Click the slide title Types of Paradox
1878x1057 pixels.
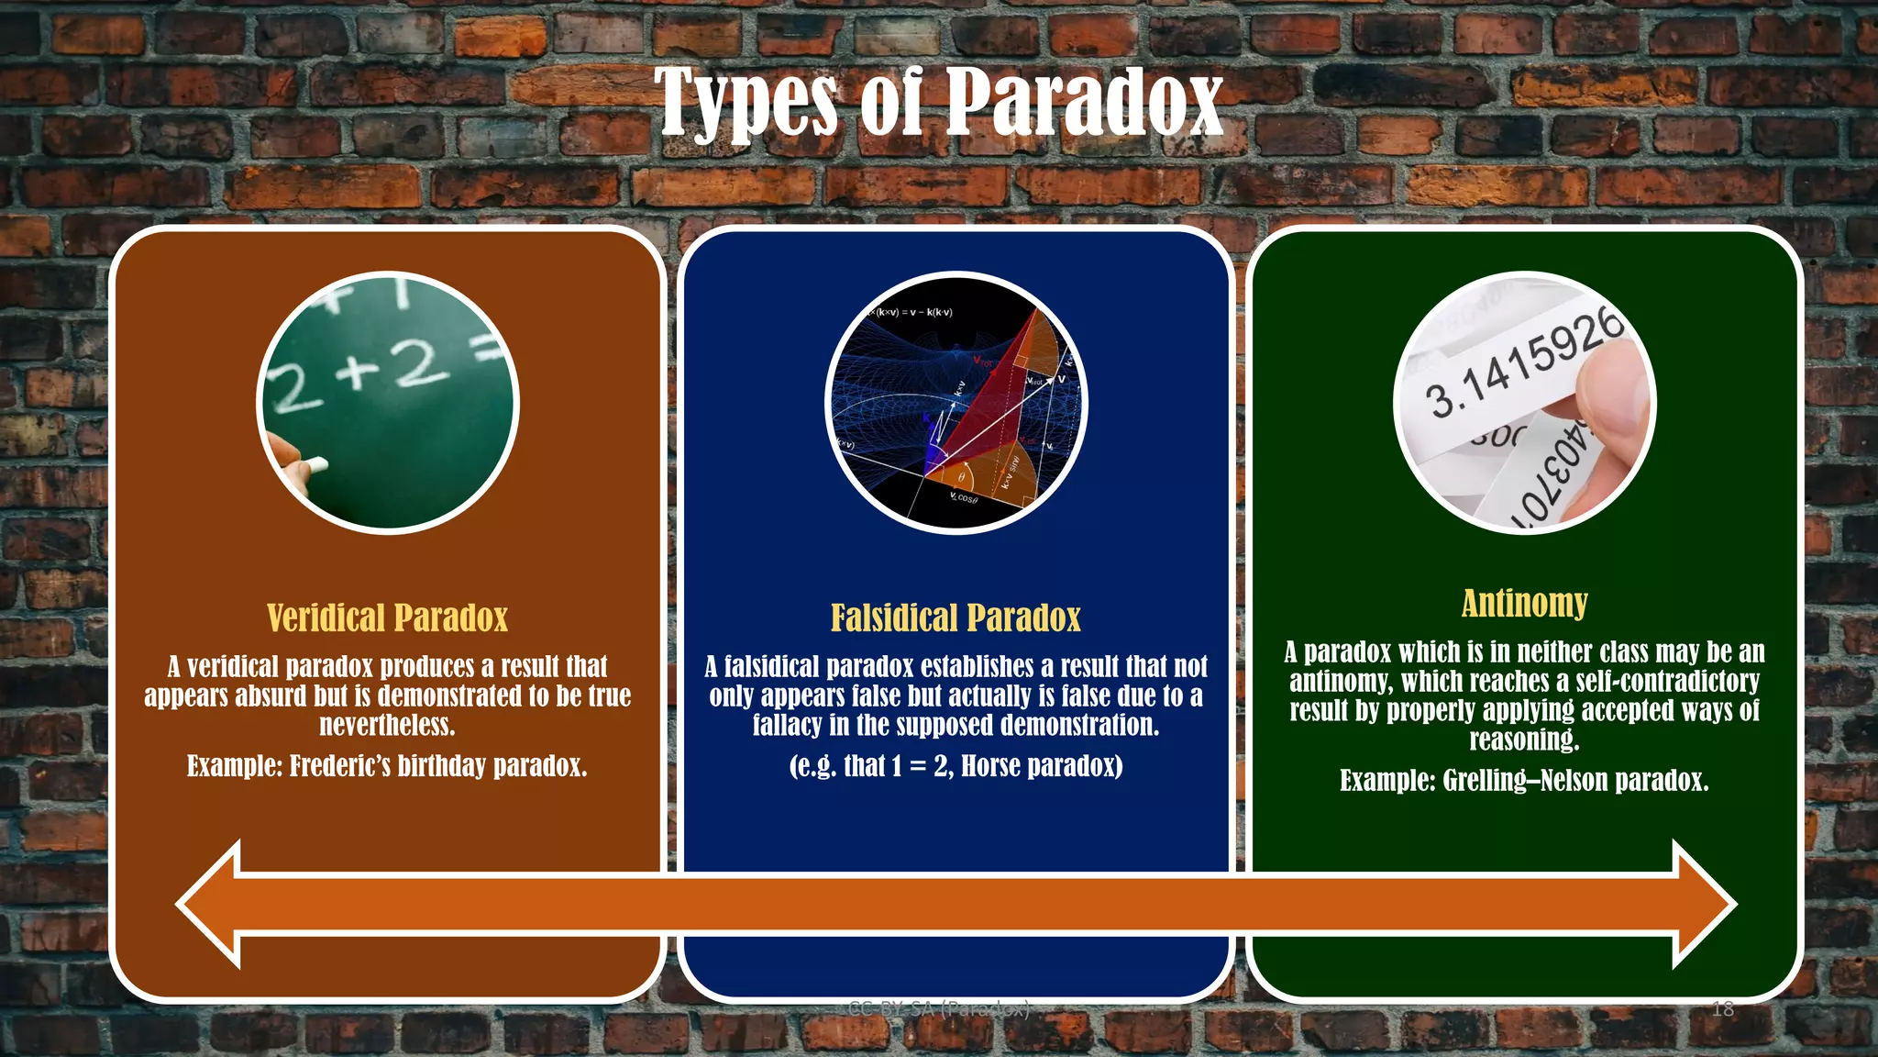point(938,102)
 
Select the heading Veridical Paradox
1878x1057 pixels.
point(387,618)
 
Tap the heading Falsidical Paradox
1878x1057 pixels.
point(956,618)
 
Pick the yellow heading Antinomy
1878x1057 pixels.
point(1524,603)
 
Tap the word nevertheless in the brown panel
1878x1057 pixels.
point(387,726)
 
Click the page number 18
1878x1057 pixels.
point(1723,1009)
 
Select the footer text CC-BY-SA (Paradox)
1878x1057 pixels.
point(938,1008)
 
